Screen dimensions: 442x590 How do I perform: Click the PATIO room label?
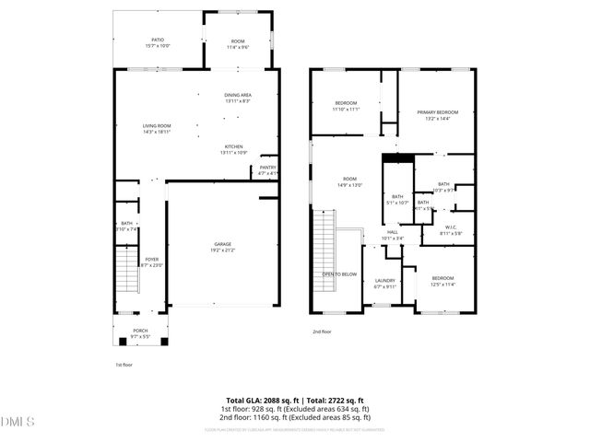tap(158, 41)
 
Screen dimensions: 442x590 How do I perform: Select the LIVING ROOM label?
tap(157, 126)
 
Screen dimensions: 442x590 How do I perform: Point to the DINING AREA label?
tap(238, 95)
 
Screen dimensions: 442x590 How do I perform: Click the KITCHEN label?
tap(234, 147)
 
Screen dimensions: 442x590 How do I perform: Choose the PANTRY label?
tap(267, 168)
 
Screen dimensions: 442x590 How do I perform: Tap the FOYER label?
tap(152, 260)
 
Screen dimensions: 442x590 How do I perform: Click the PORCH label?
tap(140, 331)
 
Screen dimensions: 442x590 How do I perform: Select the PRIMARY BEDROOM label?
tap(438, 112)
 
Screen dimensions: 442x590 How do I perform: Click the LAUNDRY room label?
tap(385, 281)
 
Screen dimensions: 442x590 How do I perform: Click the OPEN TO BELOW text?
tap(339, 274)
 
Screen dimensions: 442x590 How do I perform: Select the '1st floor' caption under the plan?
tap(124, 365)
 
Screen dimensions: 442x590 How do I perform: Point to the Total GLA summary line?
tap(295, 401)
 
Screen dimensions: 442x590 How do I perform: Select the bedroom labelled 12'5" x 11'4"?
tap(443, 281)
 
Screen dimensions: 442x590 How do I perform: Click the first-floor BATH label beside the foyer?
tap(126, 226)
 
